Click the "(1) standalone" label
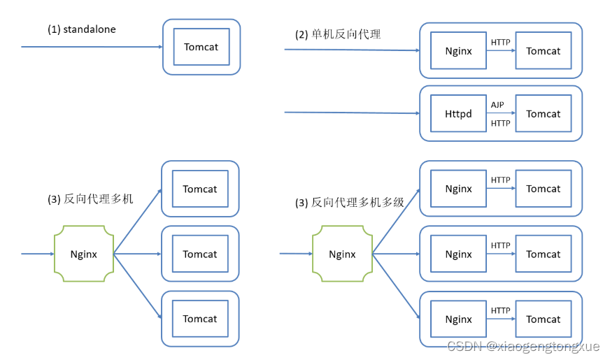(81, 29)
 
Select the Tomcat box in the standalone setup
(201, 47)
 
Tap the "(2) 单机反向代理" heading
(338, 34)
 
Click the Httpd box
(458, 114)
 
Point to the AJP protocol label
(497, 105)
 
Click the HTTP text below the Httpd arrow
(500, 124)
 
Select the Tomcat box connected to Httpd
(543, 114)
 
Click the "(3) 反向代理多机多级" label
(350, 203)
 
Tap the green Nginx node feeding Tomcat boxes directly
(83, 254)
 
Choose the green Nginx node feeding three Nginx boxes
(341, 254)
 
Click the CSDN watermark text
(525, 346)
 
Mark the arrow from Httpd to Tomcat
(501, 114)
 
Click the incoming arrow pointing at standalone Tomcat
(91, 47)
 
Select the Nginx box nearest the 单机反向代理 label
(458, 50)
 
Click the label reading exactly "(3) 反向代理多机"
(90, 199)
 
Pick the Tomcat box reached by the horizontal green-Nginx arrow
(200, 254)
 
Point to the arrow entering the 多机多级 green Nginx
(295, 254)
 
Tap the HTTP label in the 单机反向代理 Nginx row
(500, 42)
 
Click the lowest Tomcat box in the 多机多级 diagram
(543, 319)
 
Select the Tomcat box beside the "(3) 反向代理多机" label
(200, 189)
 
